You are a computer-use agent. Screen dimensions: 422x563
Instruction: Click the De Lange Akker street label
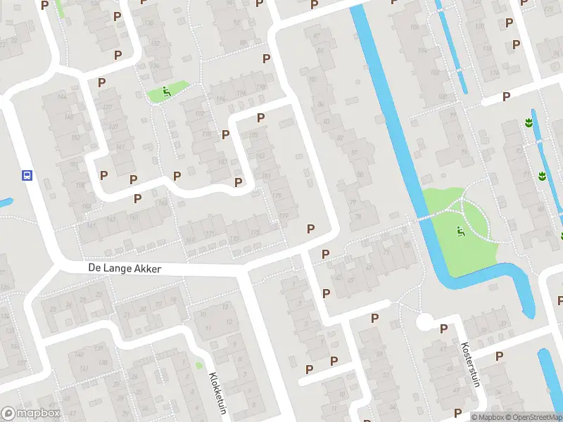point(125,269)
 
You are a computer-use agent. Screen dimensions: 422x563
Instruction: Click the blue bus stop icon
point(27,175)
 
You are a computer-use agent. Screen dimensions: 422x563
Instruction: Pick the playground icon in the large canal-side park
point(460,229)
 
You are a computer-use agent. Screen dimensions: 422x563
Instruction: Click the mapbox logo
point(31,414)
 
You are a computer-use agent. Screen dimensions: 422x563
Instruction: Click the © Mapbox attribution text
point(486,417)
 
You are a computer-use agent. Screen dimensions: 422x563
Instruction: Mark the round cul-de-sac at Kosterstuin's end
point(424,322)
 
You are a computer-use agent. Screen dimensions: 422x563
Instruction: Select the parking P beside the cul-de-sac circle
point(443,328)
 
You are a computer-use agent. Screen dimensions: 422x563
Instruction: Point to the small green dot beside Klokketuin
point(199,365)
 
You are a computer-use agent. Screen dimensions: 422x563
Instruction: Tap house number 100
point(443,96)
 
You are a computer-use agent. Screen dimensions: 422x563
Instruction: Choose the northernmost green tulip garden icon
point(528,123)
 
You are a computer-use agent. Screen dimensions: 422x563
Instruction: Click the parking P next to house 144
point(101,82)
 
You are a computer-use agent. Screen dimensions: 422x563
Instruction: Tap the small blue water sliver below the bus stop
point(5,203)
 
